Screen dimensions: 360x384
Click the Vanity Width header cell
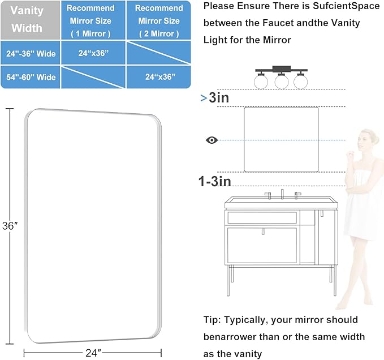pos(27,20)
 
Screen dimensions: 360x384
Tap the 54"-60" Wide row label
pos(31,77)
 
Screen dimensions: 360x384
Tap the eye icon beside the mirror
pos(212,140)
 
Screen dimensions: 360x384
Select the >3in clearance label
pos(215,98)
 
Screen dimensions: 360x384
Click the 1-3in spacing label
pos(214,182)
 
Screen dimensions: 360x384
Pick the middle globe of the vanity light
pos(281,82)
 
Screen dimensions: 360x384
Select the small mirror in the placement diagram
pos(281,139)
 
